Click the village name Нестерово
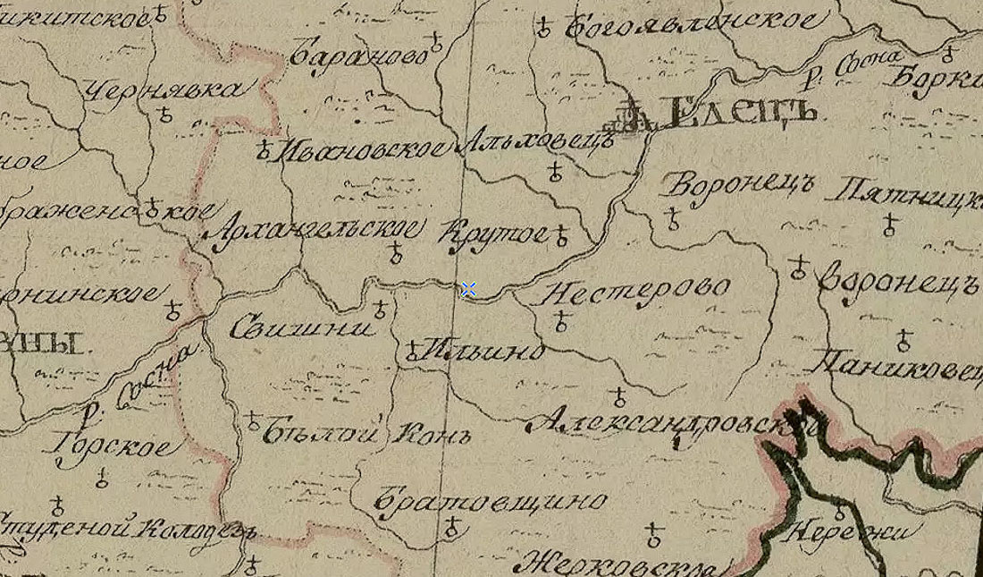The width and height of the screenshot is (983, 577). tap(635, 292)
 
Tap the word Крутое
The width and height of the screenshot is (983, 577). tap(494, 234)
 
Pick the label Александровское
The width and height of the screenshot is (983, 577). tap(670, 423)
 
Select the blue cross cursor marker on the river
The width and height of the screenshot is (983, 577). tap(468, 289)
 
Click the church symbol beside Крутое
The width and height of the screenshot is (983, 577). tap(561, 235)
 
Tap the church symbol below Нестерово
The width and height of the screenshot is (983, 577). tap(561, 322)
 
